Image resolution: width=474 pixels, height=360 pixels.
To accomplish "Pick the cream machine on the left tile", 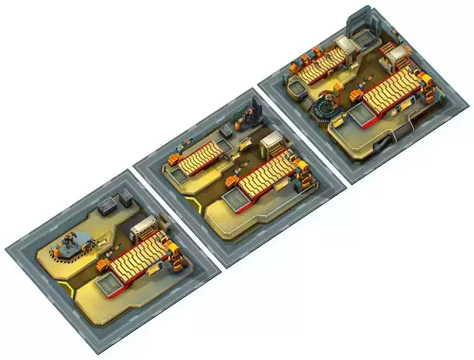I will coord(145,229).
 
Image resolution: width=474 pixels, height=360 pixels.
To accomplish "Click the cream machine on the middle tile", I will coord(273,145).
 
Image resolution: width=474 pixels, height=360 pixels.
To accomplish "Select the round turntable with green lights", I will coord(323,107).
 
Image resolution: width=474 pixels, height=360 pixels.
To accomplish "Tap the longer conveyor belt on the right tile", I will coord(390,94).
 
